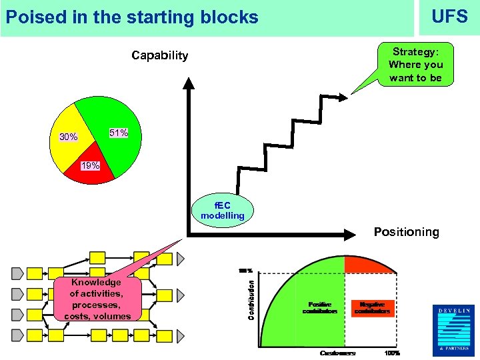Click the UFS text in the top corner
449,17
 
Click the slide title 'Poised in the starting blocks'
131,17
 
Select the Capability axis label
159,55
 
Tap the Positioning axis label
406,232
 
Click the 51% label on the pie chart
119,133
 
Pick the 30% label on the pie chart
68,137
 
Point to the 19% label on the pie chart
89,165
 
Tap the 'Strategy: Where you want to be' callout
415,65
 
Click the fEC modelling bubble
223,210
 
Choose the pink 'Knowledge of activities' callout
96,299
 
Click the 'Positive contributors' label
319,308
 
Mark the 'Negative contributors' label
372,308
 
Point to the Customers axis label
337,353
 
